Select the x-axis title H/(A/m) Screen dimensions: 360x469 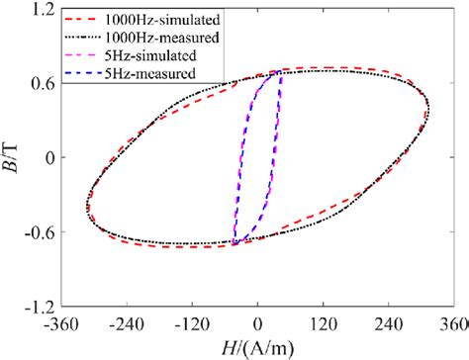(x=258, y=345)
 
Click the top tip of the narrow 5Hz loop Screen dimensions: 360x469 (x=280, y=72)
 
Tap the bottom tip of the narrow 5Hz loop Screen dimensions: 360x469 (x=235, y=243)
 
